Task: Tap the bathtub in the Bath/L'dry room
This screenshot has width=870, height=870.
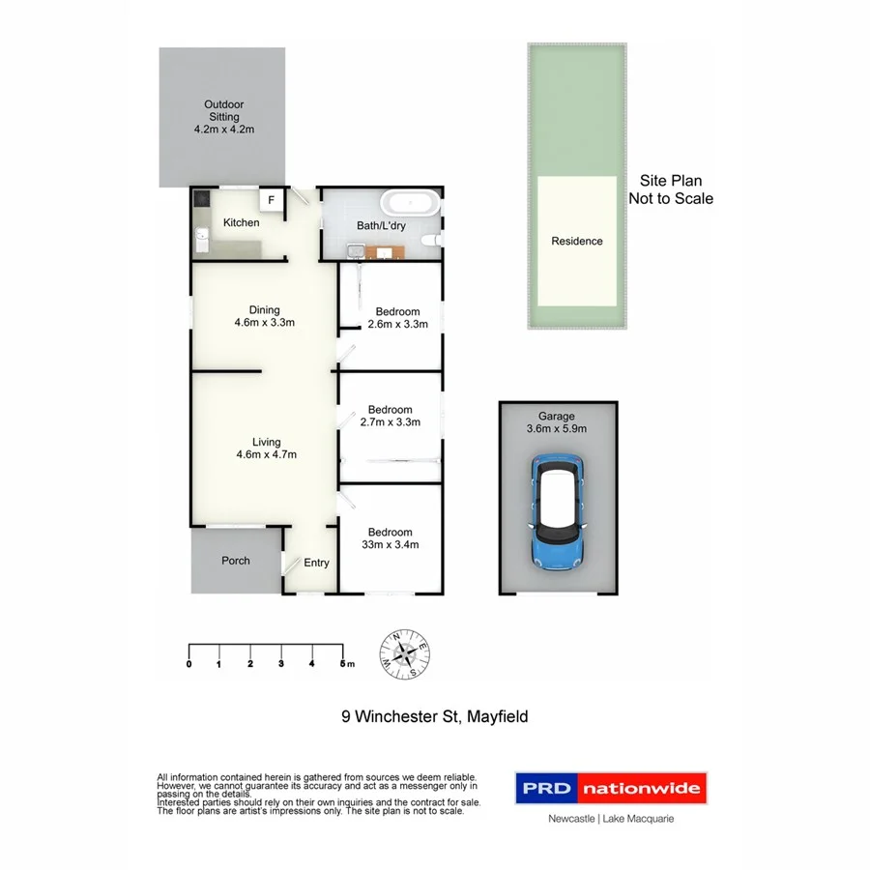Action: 410,205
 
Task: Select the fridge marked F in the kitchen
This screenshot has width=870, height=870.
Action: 272,200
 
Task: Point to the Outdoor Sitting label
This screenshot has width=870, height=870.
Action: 223,116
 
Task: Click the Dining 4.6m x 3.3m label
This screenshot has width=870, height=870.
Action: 263,317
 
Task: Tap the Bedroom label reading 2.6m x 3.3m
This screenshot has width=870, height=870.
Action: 397,318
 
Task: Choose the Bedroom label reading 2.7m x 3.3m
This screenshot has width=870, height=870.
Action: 390,416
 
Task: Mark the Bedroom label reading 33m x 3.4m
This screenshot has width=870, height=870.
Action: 390,538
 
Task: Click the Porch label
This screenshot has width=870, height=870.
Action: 235,561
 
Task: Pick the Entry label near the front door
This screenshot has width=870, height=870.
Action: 316,563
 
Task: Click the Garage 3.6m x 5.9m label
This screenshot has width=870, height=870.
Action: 556,422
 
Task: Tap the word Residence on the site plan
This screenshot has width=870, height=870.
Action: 576,242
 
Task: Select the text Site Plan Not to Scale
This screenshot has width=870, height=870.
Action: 671,189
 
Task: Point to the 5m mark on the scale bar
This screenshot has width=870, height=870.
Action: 344,663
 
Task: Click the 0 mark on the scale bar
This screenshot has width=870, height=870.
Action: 188,664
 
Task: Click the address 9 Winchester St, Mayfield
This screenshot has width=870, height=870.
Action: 435,716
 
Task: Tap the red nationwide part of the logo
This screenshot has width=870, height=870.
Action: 641,789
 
